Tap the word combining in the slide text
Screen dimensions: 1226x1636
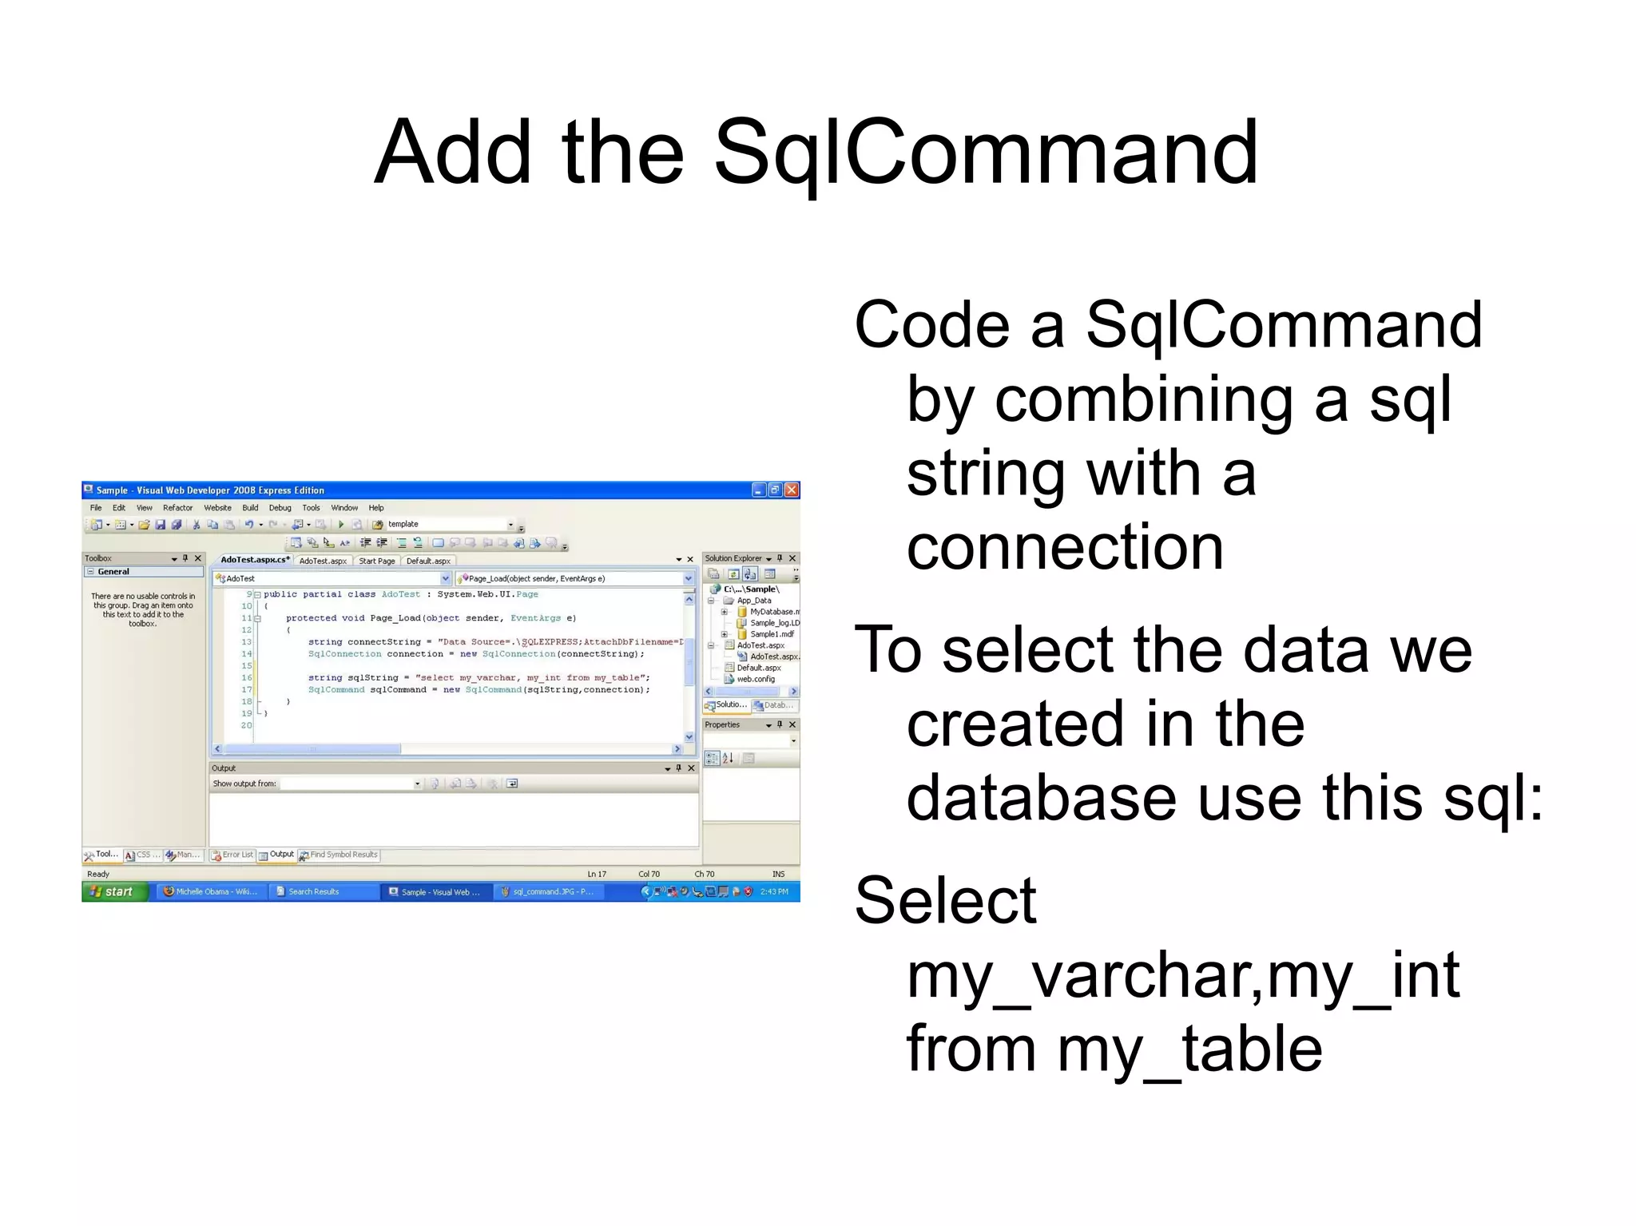(x=1143, y=399)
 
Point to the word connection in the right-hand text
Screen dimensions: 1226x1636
(x=1065, y=547)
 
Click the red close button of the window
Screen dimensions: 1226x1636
(x=792, y=490)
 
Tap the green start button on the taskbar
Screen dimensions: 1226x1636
(x=114, y=891)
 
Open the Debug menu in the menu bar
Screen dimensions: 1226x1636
(x=280, y=508)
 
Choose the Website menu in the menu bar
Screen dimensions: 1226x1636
(x=217, y=508)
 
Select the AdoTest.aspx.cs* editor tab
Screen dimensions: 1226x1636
(x=255, y=560)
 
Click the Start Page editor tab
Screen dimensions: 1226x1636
(x=376, y=561)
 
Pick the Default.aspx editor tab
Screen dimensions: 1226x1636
(x=428, y=561)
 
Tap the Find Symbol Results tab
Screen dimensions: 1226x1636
(x=343, y=855)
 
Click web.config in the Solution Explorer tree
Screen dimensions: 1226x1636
(x=755, y=679)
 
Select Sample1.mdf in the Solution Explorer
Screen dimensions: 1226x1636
(x=771, y=634)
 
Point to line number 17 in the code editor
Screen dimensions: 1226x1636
(x=247, y=689)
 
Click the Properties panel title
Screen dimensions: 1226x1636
(x=722, y=724)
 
